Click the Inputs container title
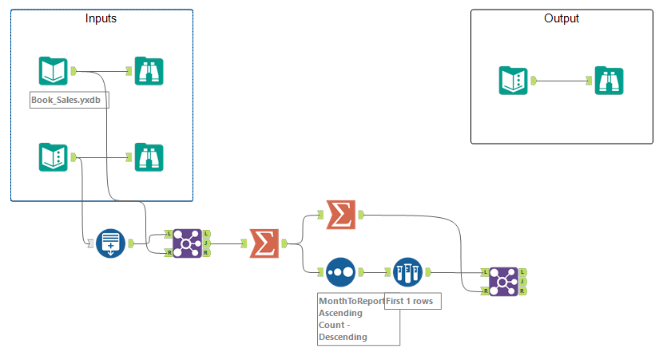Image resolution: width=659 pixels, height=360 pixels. point(101,18)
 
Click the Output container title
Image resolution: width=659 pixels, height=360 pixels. point(562,18)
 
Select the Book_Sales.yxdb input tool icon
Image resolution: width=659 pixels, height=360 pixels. point(53,71)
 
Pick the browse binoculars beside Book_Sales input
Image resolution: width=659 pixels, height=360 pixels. point(149,71)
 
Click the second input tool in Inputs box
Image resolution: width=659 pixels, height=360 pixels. point(53,156)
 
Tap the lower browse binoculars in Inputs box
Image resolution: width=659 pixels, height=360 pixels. point(149,156)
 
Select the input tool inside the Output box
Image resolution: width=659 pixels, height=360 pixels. point(513,81)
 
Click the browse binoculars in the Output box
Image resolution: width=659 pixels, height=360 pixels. point(609,81)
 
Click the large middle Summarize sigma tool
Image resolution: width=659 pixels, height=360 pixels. point(264,243)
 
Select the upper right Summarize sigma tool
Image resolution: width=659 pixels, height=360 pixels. point(341,214)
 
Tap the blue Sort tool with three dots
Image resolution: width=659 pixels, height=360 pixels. point(341,272)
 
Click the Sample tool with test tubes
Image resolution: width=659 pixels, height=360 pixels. point(407,272)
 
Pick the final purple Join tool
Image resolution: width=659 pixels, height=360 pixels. point(503,281)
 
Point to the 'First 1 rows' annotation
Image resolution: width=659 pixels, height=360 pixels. point(413,301)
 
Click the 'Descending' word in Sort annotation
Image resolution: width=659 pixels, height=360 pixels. point(343,337)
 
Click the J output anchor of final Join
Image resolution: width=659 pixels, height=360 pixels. point(521,281)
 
